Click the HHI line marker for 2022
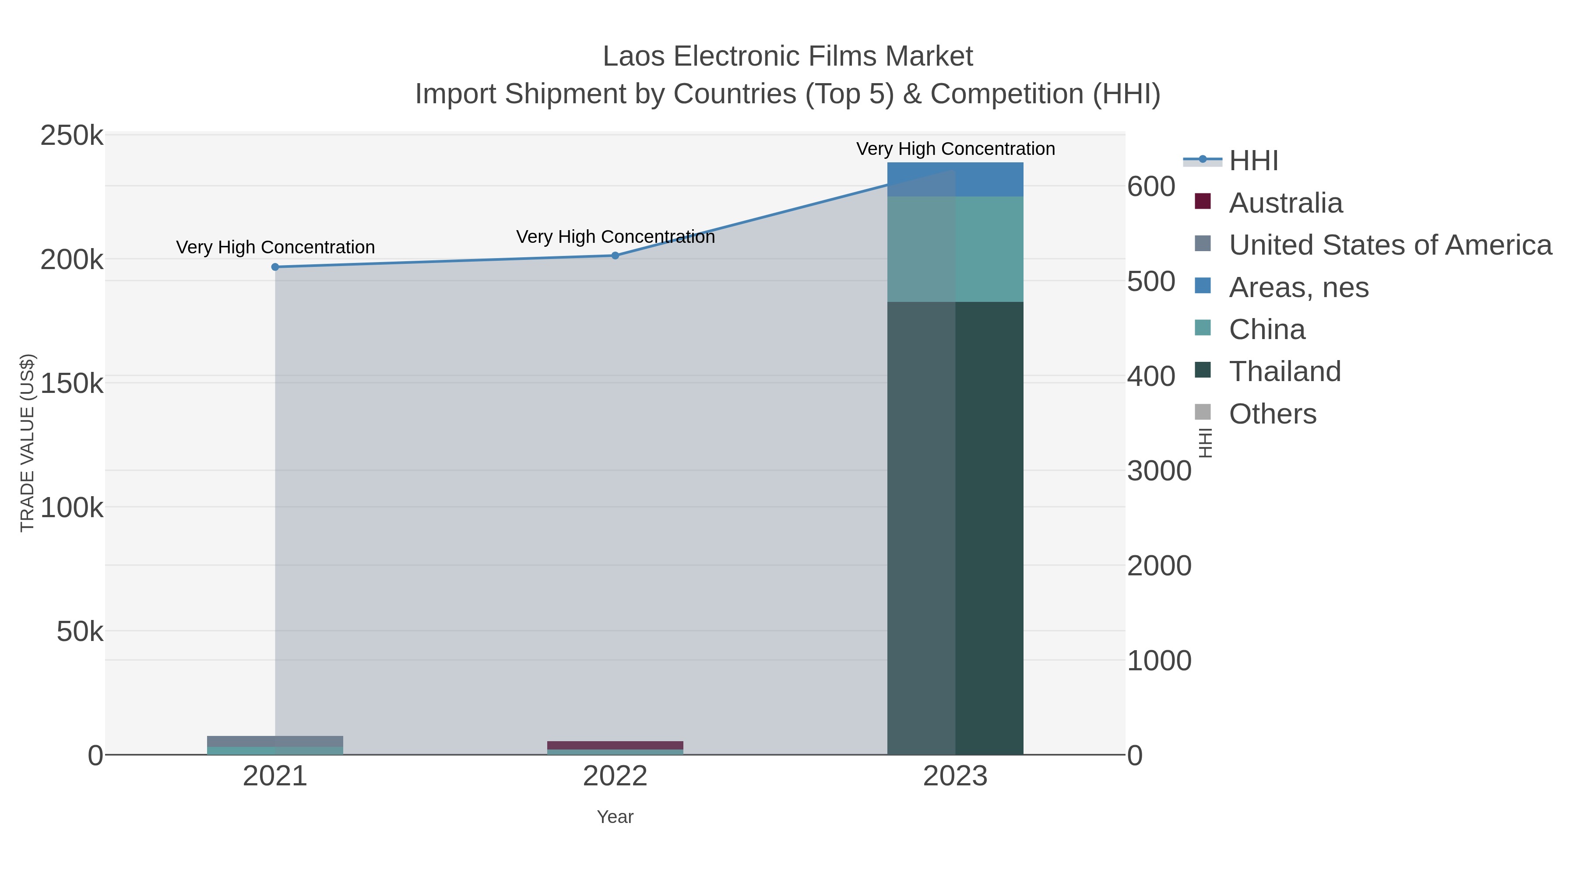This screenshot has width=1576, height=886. [615, 256]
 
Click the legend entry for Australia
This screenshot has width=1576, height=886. [1285, 203]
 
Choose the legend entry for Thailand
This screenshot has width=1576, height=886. [1284, 372]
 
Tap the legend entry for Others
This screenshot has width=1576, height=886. [1272, 414]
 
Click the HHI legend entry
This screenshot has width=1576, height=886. [1253, 161]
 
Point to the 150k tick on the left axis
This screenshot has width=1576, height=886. [72, 384]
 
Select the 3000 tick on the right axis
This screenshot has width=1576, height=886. [1159, 471]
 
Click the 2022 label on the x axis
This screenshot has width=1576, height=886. [615, 777]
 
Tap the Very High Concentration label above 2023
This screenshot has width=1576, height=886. [955, 149]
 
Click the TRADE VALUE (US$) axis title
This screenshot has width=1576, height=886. [28, 443]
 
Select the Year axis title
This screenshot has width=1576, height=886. [615, 817]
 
